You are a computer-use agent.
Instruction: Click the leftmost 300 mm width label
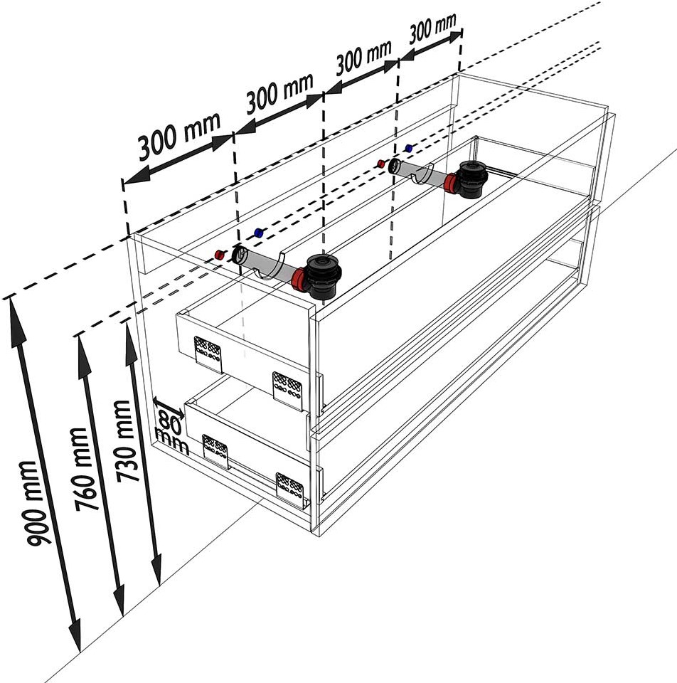click(179, 137)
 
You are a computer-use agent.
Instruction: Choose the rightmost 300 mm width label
click(432, 28)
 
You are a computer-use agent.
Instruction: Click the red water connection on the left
click(220, 255)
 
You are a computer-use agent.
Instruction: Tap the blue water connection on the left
click(259, 233)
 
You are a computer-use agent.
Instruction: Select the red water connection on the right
click(381, 164)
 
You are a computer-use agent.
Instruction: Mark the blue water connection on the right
click(408, 148)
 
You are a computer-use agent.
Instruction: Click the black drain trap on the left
click(323, 276)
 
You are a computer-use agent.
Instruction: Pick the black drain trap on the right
click(471, 179)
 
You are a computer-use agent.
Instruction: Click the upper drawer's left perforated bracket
click(208, 354)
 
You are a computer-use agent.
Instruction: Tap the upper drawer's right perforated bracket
click(287, 391)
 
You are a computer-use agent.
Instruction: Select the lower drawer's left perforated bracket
click(216, 451)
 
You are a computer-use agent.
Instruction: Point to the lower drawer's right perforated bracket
click(290, 489)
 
